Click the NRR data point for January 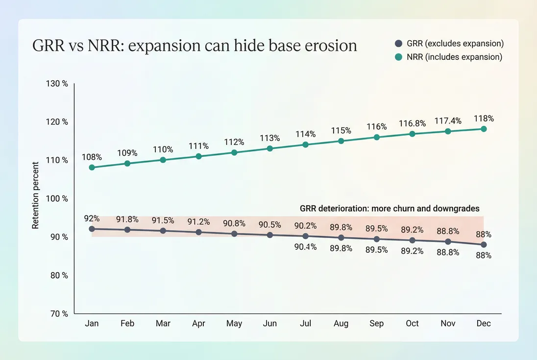[x=92, y=168]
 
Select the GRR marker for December [x=484, y=244]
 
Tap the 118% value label [x=484, y=119]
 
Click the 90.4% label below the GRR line [x=306, y=247]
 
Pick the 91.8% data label [x=127, y=219]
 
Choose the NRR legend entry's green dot [x=399, y=57]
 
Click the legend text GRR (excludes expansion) [x=455, y=44]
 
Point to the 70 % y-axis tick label [x=59, y=313]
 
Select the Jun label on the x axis [x=269, y=324]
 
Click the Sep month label [x=377, y=324]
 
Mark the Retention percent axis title [x=36, y=198]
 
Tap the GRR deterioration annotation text [x=390, y=208]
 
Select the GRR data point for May [x=234, y=234]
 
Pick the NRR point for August [x=341, y=141]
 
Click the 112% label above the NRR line [x=234, y=142]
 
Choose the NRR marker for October [x=412, y=134]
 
